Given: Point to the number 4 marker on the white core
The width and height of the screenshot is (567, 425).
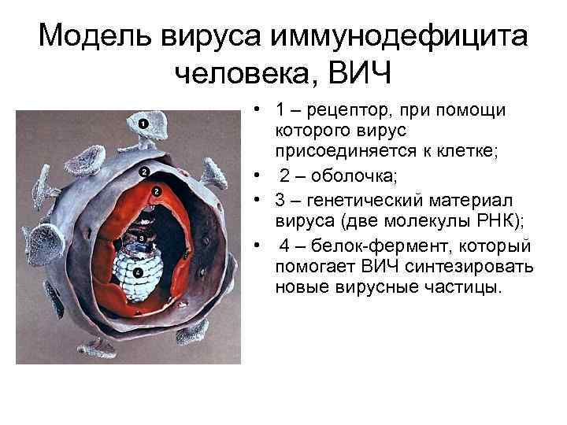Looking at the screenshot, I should [x=139, y=272].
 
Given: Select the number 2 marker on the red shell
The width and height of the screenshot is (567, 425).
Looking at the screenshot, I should [x=157, y=191].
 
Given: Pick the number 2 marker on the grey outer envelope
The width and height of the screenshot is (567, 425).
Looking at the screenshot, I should [x=143, y=172].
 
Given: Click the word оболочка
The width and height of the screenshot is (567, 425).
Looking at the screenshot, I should [x=354, y=173].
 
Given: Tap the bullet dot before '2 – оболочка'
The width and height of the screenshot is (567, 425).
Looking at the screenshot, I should [x=258, y=173].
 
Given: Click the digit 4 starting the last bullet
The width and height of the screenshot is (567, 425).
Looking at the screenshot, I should [x=285, y=246].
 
